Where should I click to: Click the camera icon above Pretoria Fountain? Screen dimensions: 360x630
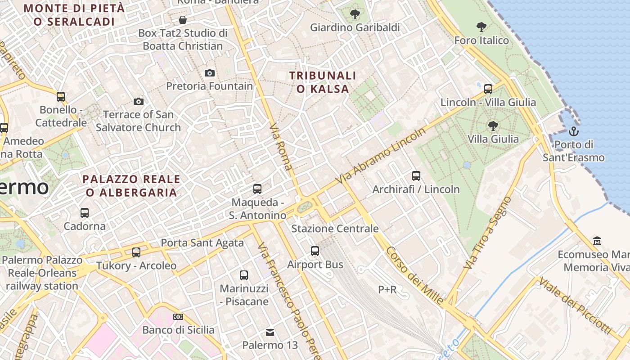click(210, 73)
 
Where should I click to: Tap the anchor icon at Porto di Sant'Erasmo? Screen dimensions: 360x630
click(573, 131)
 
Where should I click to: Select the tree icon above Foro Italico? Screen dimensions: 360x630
click(481, 27)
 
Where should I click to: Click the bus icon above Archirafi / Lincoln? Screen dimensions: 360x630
click(416, 176)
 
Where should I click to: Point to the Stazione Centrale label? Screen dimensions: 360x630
click(335, 229)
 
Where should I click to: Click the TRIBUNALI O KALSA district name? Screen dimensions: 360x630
click(323, 82)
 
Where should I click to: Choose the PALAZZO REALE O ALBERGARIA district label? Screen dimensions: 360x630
click(131, 186)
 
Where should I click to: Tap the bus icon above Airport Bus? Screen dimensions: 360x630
click(315, 251)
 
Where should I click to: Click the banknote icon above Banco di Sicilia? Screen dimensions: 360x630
click(178, 317)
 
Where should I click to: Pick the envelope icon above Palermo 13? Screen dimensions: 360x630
click(270, 333)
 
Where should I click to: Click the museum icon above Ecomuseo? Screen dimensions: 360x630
click(597, 241)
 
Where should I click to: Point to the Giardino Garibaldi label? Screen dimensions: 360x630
click(355, 27)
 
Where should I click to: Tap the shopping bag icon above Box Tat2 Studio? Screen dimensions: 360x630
click(183, 20)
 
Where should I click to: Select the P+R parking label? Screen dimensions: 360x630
click(387, 290)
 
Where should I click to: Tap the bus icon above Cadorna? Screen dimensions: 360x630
click(85, 213)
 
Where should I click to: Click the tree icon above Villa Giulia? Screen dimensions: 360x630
click(493, 126)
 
